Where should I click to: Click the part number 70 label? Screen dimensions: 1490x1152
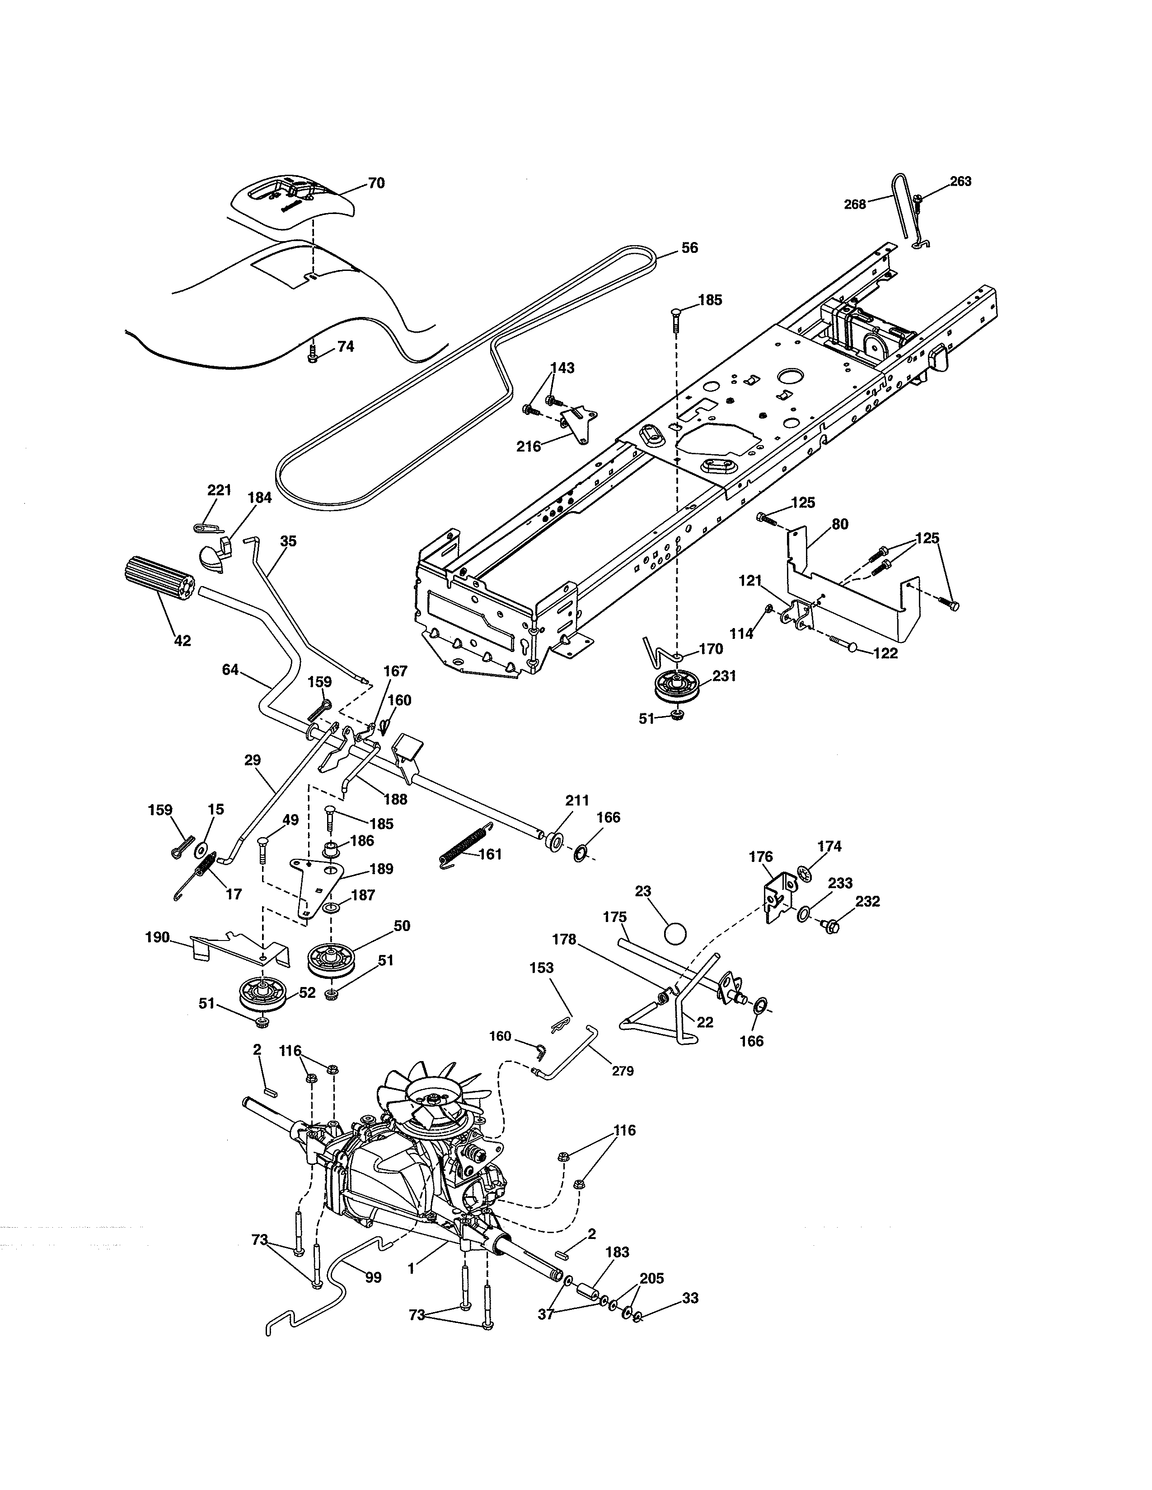[376, 183]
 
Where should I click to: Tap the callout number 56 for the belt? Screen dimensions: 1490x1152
[690, 247]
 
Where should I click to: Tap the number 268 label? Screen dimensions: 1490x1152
[854, 204]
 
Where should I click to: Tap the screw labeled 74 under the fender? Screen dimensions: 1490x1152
[313, 355]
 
